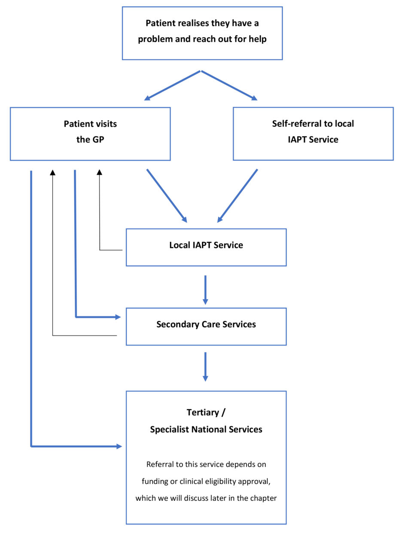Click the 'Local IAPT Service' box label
pos(206,245)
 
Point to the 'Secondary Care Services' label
pos(206,324)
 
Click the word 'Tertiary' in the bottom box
pos(203,412)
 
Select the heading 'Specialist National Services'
pos(206,429)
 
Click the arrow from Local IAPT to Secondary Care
pos(205,290)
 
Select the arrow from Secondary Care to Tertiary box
pos(205,366)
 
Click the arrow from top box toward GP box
pos(173,85)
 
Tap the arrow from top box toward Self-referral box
pos(229,85)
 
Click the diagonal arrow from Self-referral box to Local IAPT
pos(238,196)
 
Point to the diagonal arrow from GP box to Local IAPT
pos(167,196)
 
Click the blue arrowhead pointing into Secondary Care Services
pos(118,317)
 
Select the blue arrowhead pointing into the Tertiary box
pos(119,446)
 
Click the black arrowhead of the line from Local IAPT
pos(100,172)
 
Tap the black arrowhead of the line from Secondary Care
pos(53,172)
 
